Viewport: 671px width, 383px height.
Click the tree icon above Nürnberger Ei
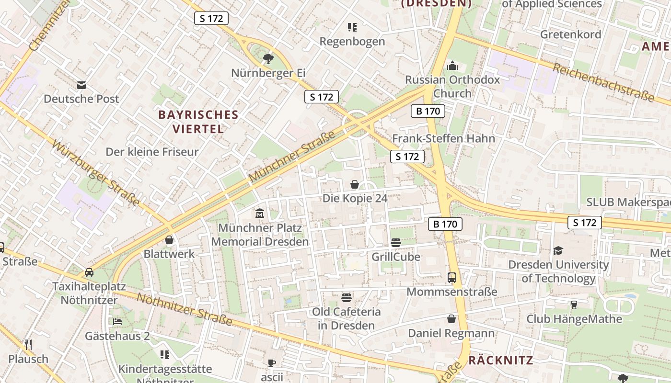tap(268, 59)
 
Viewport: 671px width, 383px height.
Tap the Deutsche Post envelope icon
tap(81, 85)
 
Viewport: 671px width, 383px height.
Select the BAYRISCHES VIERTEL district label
tap(198, 122)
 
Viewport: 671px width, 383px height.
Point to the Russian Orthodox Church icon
tap(452, 66)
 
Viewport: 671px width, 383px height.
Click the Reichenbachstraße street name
tap(603, 82)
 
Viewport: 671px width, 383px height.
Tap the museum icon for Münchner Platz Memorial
tap(260, 213)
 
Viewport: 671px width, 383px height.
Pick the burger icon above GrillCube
tap(395, 243)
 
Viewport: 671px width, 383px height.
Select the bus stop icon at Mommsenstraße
tap(451, 277)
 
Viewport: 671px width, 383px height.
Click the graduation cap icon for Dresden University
tap(558, 250)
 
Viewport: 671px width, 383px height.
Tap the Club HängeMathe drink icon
tap(574, 305)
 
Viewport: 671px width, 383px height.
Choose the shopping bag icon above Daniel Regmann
tap(451, 319)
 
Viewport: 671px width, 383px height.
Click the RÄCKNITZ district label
tap(500, 360)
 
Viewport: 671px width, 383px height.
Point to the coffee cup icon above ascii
tap(272, 363)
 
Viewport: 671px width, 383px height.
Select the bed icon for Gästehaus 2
tap(117, 322)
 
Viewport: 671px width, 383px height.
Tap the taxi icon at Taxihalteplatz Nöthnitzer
tap(89, 272)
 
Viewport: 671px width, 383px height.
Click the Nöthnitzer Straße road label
tap(184, 309)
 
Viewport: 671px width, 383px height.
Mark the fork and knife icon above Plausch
tap(28, 344)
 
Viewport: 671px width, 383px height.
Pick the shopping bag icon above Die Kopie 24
tap(355, 184)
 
